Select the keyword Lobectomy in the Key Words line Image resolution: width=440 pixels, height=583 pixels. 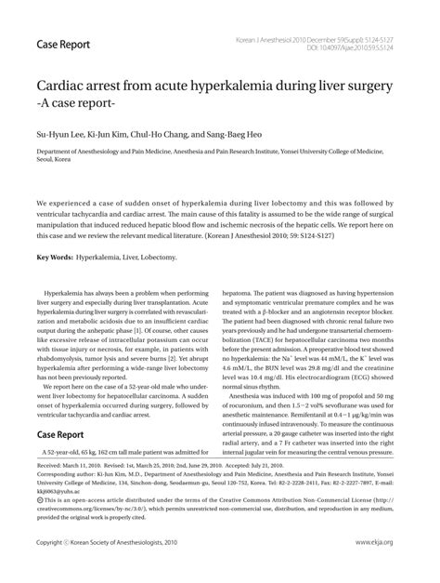[157, 257]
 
